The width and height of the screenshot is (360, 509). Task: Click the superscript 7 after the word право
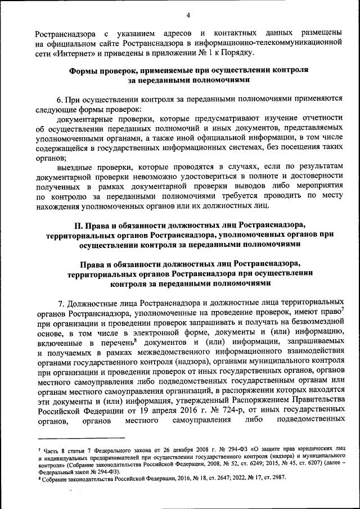tap(342, 308)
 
